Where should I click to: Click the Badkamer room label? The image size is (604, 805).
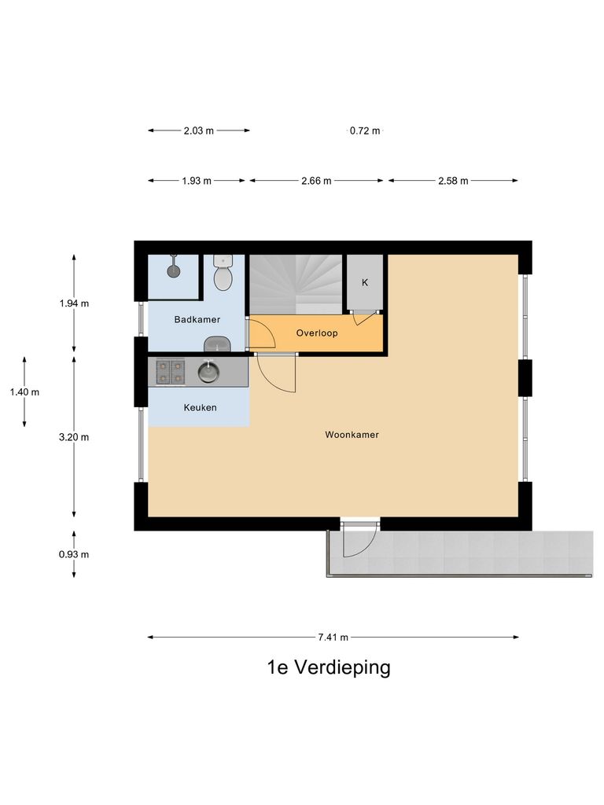tap(197, 319)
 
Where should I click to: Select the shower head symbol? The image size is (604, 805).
tap(173, 271)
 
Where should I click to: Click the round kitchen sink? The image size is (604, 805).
tap(208, 371)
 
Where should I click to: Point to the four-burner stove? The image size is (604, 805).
tap(170, 371)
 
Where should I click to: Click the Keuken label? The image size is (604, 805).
tap(200, 408)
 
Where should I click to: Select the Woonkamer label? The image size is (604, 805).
tap(352, 434)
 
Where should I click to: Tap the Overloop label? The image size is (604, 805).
tap(317, 333)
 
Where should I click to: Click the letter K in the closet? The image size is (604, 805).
tap(364, 282)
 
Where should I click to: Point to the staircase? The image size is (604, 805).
tap(296, 282)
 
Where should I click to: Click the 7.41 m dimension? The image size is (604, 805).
tap(333, 638)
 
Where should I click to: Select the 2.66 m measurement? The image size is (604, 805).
tap(316, 181)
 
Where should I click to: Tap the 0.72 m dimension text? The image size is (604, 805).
tap(365, 131)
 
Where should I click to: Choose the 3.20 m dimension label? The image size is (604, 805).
tap(74, 437)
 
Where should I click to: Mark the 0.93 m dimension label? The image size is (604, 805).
tap(74, 554)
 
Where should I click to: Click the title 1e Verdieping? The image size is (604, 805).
tap(329, 668)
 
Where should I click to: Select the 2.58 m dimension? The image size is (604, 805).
tap(453, 181)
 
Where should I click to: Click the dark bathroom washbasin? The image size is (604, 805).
tap(216, 344)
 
